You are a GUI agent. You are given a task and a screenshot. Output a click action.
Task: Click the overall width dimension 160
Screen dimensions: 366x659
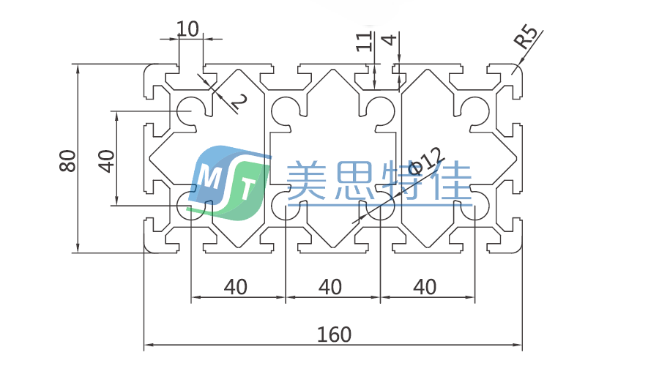pos(335,335)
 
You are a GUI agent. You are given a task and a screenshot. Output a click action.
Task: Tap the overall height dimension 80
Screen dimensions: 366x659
pos(67,160)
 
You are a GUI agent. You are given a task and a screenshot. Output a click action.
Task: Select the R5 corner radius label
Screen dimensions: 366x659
pos(527,37)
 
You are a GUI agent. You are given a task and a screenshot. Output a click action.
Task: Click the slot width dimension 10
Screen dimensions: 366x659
pos(188,29)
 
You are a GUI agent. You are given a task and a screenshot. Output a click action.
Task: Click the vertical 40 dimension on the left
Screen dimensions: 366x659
pos(107,160)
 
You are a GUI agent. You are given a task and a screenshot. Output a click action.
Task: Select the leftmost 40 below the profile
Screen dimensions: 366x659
pos(235,287)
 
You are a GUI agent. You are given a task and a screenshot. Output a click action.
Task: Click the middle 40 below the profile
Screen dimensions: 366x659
pos(331,287)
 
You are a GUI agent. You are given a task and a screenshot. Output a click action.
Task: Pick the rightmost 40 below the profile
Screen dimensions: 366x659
pos(425,287)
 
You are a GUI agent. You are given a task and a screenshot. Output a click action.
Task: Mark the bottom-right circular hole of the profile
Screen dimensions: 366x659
pos(476,208)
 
